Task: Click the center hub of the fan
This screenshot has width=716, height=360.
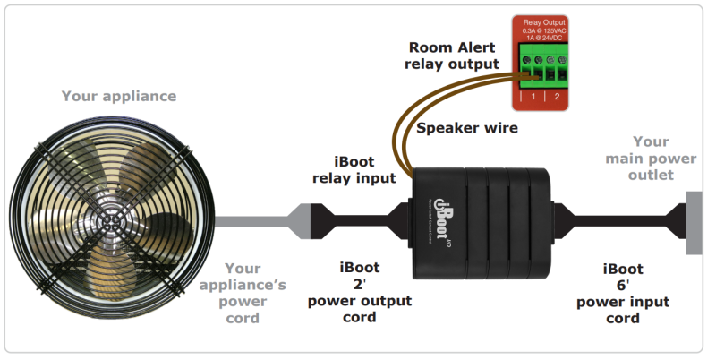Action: point(110,218)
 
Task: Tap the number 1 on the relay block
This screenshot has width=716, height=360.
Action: point(533,96)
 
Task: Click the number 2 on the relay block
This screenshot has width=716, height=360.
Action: point(556,96)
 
